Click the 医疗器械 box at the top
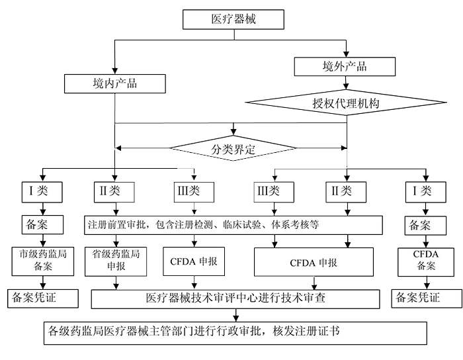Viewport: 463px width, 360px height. pyautogui.click(x=232, y=19)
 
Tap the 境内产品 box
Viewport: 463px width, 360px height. pyautogui.click(x=115, y=85)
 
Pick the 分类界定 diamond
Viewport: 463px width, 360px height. pyautogui.click(x=231, y=149)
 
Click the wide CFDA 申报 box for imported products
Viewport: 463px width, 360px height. pyautogui.click(x=314, y=263)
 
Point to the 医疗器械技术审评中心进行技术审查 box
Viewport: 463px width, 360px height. pyautogui.click(x=235, y=298)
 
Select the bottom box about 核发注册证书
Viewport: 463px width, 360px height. pyautogui.click(x=232, y=330)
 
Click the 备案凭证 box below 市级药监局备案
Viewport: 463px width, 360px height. pyautogui.click(x=41, y=298)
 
